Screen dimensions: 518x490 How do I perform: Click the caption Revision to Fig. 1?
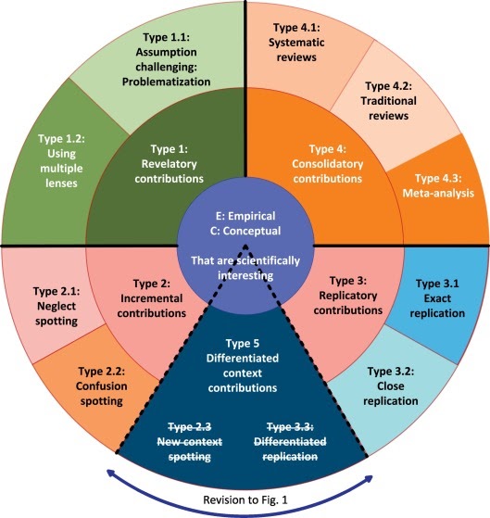tap(245, 502)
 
